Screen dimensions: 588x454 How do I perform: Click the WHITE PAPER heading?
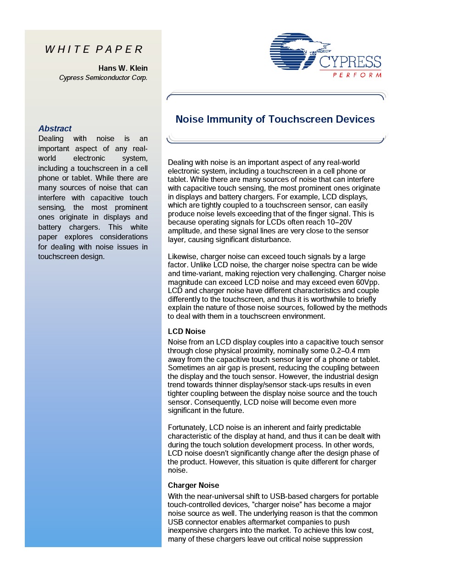tap(94, 50)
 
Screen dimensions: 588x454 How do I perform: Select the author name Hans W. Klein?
tap(123, 68)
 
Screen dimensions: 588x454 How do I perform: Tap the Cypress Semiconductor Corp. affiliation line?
tap(103, 78)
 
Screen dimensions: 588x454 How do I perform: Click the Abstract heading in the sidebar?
tap(55, 129)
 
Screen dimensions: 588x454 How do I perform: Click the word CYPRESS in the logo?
tap(350, 62)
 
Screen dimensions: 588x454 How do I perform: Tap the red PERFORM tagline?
tap(357, 75)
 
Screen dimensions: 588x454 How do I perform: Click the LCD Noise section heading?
tap(186, 332)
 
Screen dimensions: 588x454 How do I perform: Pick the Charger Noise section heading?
tap(193, 486)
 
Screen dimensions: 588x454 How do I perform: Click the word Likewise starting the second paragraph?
tap(182, 257)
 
